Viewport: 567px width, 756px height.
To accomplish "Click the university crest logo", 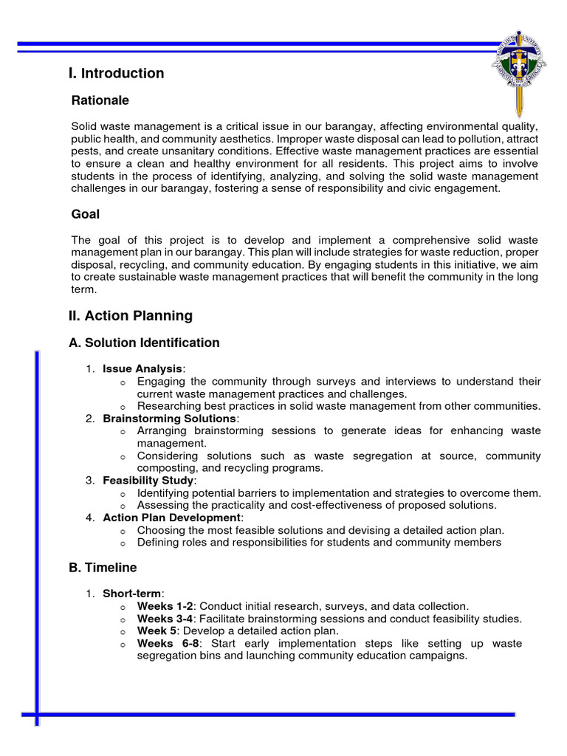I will (520, 71).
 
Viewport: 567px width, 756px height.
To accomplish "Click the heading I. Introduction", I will (116, 73).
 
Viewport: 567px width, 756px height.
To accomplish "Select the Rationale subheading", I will (100, 100).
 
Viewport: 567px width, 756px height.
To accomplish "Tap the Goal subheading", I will (86, 214).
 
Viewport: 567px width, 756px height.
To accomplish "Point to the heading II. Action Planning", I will (130, 316).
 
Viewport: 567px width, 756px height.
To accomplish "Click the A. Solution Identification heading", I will (144, 343).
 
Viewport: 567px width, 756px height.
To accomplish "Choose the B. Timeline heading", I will (103, 568).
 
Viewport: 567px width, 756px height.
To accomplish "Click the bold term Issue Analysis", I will (142, 369).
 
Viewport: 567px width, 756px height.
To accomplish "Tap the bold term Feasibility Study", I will (148, 481).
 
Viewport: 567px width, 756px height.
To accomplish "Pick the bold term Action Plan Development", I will (171, 518).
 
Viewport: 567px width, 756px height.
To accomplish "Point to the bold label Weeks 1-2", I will (165, 606).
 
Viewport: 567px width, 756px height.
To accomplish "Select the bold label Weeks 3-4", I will (165, 619).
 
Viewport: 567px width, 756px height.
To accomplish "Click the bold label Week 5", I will (157, 631).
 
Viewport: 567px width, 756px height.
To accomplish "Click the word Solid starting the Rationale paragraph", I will (84, 127).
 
